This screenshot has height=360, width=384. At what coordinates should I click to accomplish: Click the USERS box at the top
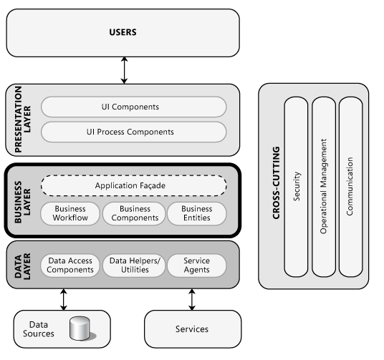(123, 33)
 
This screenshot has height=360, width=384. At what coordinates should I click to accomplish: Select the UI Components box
(134, 107)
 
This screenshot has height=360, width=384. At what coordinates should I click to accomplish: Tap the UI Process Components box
(134, 132)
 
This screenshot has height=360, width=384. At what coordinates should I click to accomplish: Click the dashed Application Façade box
(134, 186)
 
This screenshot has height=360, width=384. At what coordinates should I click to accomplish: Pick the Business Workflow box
(69, 213)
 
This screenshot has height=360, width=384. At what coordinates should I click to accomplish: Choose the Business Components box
(134, 213)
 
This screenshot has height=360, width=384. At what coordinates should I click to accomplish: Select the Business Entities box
(196, 213)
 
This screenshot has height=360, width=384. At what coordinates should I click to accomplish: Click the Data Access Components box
(69, 266)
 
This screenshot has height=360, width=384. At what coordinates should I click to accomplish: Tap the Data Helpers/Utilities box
(134, 266)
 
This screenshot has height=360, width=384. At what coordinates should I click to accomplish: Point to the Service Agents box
(196, 266)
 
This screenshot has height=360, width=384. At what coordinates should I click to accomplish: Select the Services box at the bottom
(191, 329)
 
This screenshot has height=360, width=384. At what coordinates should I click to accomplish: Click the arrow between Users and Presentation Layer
(125, 70)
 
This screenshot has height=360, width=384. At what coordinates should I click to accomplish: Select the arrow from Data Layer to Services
(191, 299)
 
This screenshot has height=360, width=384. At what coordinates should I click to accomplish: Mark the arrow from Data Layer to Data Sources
(63, 299)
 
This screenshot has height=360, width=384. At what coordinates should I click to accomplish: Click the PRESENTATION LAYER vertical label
(19, 120)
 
